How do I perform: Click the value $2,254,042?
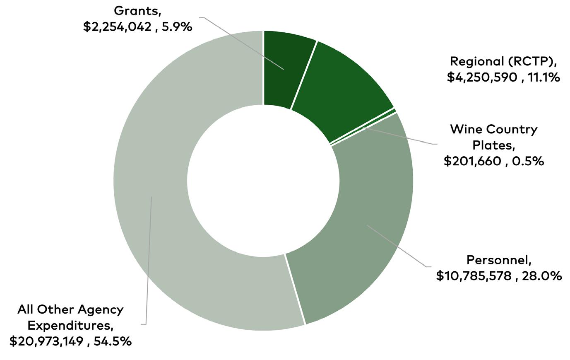(x=117, y=27)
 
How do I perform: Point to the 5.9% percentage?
(x=177, y=27)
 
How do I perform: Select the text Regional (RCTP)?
(x=503, y=62)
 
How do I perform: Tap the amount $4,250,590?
(x=482, y=77)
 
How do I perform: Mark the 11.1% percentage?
(x=543, y=77)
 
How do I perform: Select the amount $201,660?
(x=473, y=161)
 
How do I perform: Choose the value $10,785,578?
(x=474, y=276)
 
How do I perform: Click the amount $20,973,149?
(x=46, y=341)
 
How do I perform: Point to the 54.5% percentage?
(x=113, y=341)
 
